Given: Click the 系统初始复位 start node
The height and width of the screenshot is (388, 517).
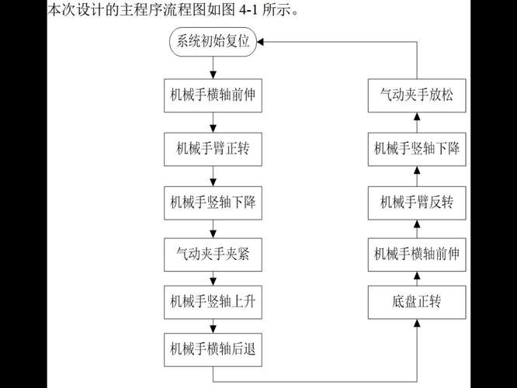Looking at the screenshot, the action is point(213,42).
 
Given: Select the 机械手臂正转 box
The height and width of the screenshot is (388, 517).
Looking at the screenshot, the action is point(213,149).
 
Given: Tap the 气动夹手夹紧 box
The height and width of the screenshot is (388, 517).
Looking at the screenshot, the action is point(213,255).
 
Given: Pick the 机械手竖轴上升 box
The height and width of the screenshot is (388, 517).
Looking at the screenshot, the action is point(213,303).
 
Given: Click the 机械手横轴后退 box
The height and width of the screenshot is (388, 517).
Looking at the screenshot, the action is point(213,350).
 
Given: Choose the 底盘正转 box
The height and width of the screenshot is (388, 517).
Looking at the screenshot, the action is point(417,303).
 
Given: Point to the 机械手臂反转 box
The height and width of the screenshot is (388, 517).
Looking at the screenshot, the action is point(417,203).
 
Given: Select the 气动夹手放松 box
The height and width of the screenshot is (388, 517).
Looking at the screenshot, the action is point(417,95).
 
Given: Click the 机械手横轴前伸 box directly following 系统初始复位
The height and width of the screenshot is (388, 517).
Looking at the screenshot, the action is point(213,95).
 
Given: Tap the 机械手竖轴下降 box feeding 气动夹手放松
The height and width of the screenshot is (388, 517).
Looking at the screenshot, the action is point(417,149).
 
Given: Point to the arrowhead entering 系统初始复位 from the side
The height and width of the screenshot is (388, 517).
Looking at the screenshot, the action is point(260,42).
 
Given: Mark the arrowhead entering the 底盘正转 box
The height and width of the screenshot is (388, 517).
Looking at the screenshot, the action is point(417,323).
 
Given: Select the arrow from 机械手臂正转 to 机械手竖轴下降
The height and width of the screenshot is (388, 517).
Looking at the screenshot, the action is point(213,176).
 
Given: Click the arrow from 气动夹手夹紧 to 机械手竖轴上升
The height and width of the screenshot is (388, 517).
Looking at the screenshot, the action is point(213,279).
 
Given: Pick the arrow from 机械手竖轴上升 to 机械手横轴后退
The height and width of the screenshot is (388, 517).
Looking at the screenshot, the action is point(213,327).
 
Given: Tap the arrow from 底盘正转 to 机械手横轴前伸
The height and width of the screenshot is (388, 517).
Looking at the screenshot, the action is point(417,279).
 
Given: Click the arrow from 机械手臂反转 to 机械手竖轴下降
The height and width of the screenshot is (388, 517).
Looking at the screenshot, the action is point(417,176).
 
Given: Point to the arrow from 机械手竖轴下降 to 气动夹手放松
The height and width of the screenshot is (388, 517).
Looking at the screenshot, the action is point(417,123).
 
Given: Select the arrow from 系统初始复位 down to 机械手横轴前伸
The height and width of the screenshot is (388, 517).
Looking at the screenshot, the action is point(213,68).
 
